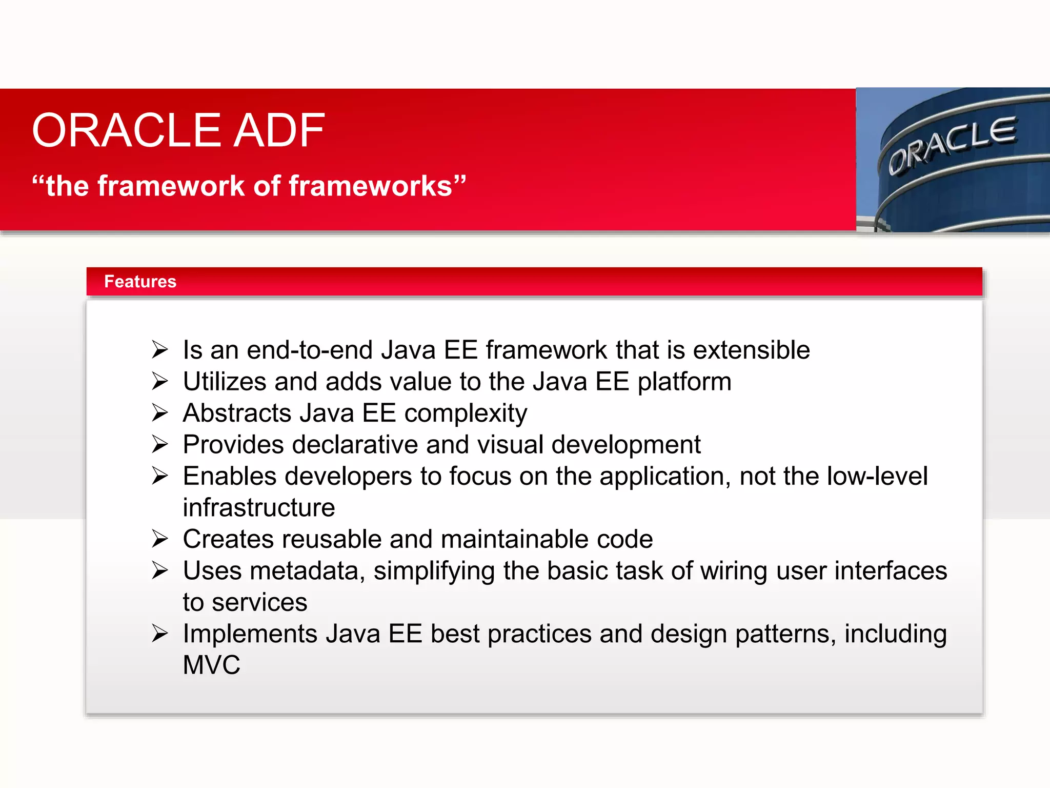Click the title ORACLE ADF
click(x=178, y=131)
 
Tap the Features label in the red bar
click(x=140, y=282)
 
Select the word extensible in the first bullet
click(x=751, y=350)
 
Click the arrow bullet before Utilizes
click(x=160, y=382)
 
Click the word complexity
click(x=465, y=414)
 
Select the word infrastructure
click(x=259, y=508)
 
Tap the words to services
click(x=245, y=602)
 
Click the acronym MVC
click(x=211, y=665)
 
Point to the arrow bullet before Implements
click(x=160, y=634)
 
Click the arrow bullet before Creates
click(x=160, y=539)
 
